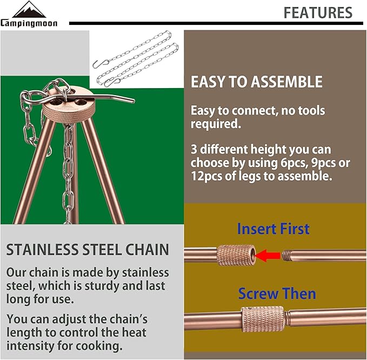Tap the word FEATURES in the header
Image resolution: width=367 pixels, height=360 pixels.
317,12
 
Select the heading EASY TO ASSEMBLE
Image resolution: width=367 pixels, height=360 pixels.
256,82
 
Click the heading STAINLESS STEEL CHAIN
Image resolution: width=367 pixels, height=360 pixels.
88,250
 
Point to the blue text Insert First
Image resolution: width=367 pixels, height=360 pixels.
273,229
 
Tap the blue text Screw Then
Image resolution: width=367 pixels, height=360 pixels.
277,294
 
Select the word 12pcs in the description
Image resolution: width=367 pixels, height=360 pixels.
208,176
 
